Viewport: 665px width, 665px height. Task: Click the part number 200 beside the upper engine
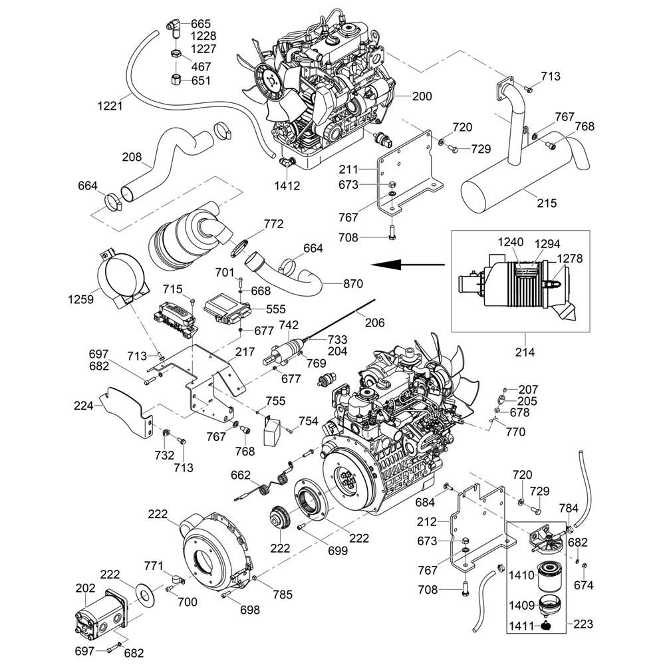coord(422,96)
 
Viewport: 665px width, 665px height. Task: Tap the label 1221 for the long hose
coord(110,105)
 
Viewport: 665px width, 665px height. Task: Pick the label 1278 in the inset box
coord(570,257)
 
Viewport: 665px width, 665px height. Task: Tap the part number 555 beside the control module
coord(275,309)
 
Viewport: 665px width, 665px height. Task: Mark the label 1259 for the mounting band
coord(81,300)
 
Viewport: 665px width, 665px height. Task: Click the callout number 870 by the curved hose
coord(353,284)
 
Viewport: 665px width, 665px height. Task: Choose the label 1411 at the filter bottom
coord(522,626)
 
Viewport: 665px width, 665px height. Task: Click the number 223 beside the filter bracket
coord(582,624)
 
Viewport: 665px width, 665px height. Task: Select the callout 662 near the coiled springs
coord(240,475)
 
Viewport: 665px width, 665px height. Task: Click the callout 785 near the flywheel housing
coord(282,595)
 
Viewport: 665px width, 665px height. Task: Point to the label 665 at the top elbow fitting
coord(201,25)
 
